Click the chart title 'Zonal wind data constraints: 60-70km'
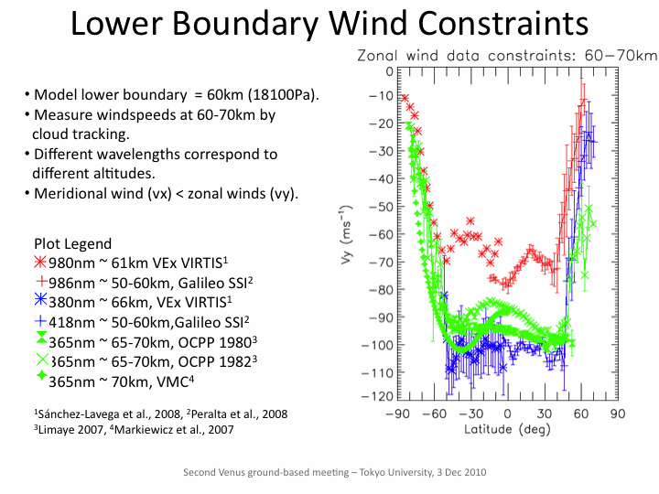tap(505, 56)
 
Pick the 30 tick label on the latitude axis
tap(545, 413)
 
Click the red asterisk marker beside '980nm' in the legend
tap(40, 261)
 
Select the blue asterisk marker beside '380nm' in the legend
tap(40, 299)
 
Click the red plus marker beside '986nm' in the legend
tap(40, 280)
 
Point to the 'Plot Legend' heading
tap(72, 243)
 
